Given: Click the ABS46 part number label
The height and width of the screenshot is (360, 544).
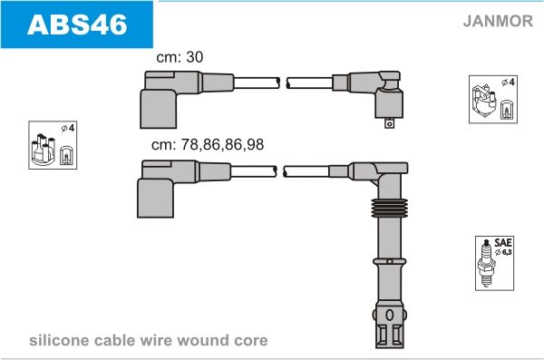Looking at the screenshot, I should click(x=77, y=24).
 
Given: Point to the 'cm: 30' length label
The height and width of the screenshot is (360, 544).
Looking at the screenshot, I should click(x=180, y=56).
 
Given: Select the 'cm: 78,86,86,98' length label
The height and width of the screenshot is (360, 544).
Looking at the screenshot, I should click(x=209, y=143).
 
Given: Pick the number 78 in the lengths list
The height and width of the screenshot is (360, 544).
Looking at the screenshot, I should click(x=189, y=143).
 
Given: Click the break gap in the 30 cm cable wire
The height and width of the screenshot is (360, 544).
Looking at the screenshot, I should click(x=281, y=83).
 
